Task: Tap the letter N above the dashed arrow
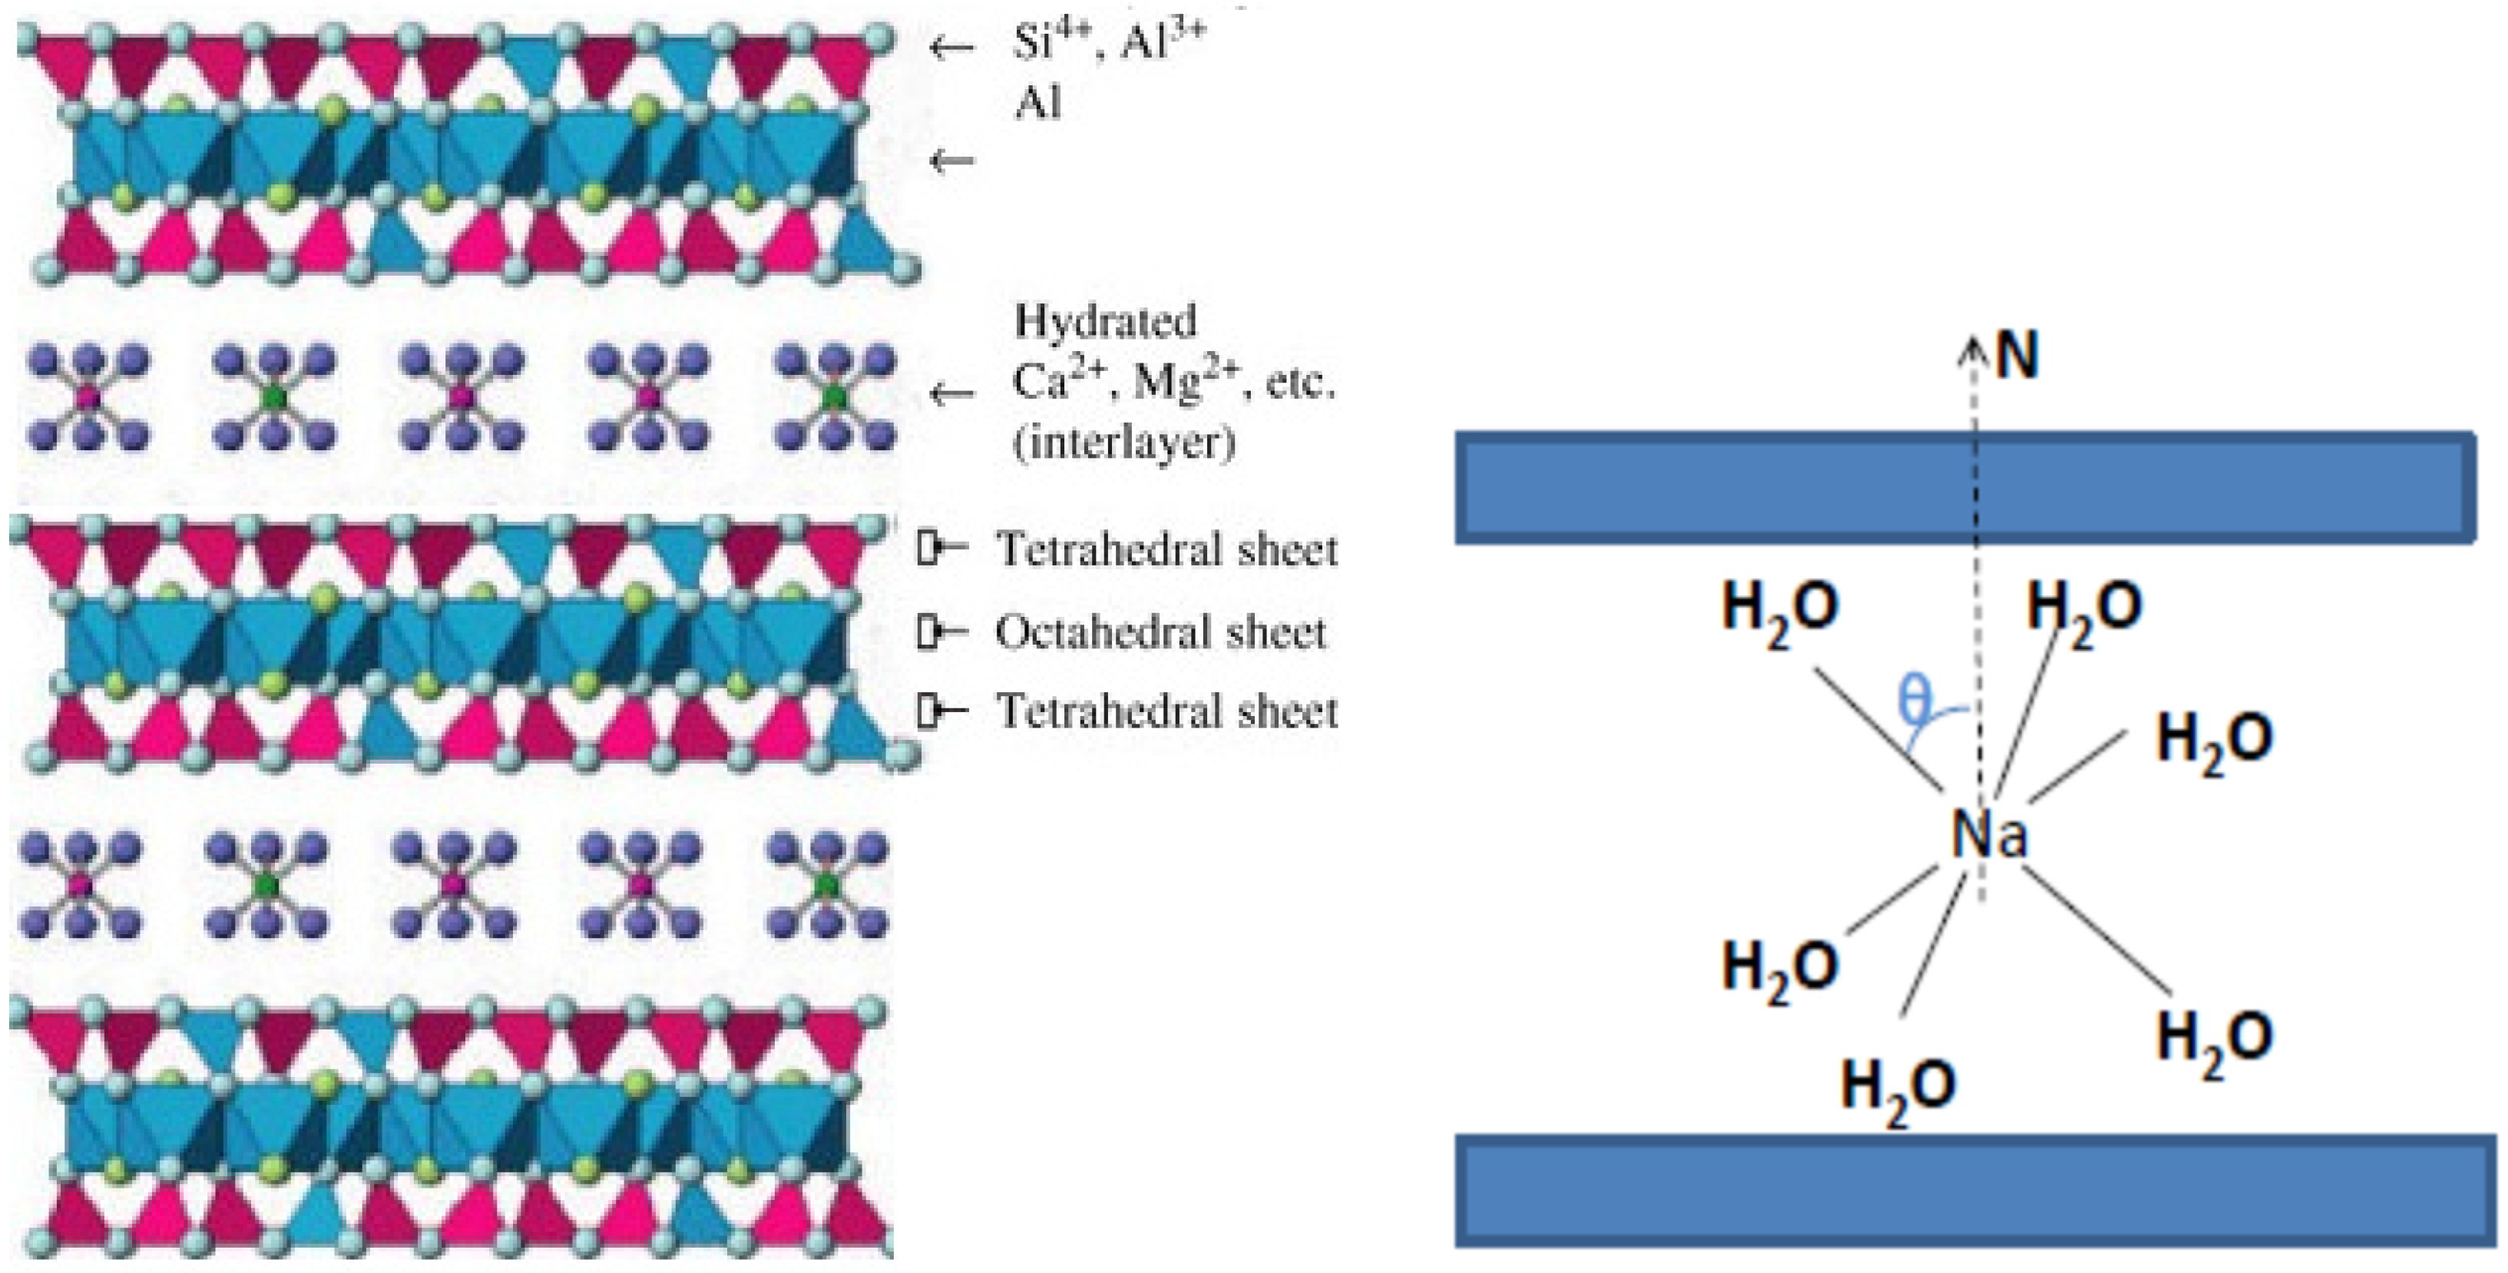click(2017, 356)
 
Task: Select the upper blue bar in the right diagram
click(1965, 487)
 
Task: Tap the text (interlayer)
click(1124, 443)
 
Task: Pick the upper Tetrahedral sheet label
click(1166, 550)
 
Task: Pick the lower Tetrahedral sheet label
click(1166, 712)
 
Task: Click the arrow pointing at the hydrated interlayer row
click(951, 394)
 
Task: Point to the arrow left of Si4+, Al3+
click(951, 46)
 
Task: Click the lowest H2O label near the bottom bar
click(1898, 1089)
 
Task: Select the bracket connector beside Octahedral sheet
click(939, 632)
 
